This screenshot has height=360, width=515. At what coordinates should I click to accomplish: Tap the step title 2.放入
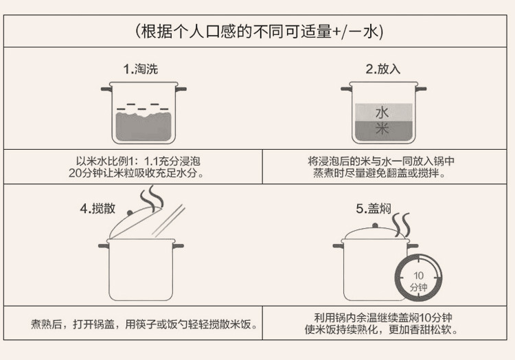pos(382,69)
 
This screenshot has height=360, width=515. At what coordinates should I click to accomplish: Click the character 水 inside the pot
pos(382,111)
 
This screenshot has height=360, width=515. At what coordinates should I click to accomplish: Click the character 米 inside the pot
pos(382,128)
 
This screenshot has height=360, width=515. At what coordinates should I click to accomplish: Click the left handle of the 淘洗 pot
pos(106,89)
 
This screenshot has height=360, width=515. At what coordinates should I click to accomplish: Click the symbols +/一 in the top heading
pos(345,32)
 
